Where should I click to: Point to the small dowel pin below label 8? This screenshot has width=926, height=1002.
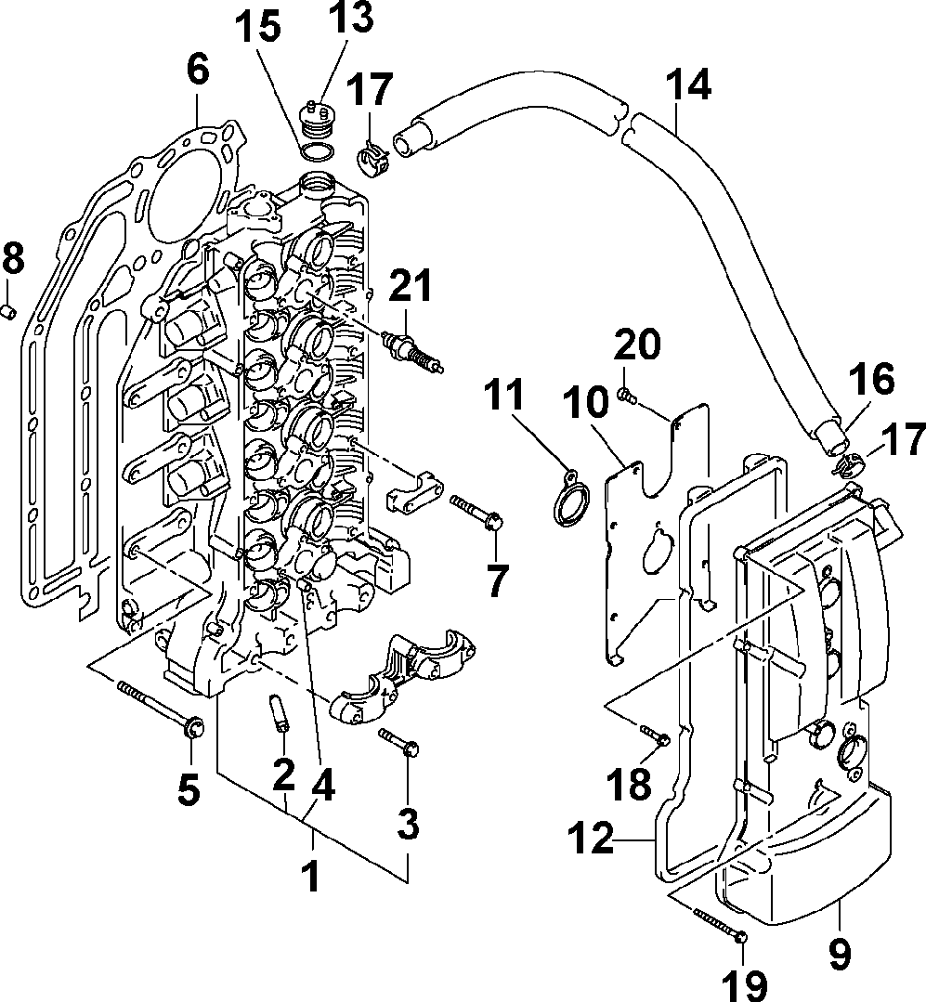pyautogui.click(x=8, y=310)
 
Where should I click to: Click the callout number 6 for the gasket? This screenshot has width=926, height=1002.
pyautogui.click(x=198, y=72)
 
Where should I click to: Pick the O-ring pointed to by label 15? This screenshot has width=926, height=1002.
pyautogui.click(x=317, y=152)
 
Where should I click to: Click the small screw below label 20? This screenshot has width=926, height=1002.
pyautogui.click(x=626, y=397)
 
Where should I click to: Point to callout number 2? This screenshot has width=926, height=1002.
pyautogui.click(x=282, y=772)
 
